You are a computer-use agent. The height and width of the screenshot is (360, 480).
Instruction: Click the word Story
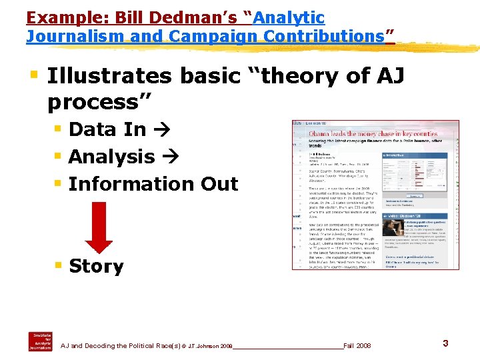(x=96, y=267)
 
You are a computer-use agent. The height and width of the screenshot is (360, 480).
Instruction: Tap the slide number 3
(x=445, y=343)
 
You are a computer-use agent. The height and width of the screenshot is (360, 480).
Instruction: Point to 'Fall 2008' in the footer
(x=357, y=346)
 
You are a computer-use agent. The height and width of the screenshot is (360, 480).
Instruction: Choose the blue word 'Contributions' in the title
(x=327, y=36)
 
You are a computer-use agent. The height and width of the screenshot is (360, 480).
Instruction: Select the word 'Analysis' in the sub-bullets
(x=111, y=157)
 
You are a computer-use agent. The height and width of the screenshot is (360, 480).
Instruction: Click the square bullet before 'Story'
(x=59, y=266)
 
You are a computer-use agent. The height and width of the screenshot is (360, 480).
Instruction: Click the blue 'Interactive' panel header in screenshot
(x=400, y=155)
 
